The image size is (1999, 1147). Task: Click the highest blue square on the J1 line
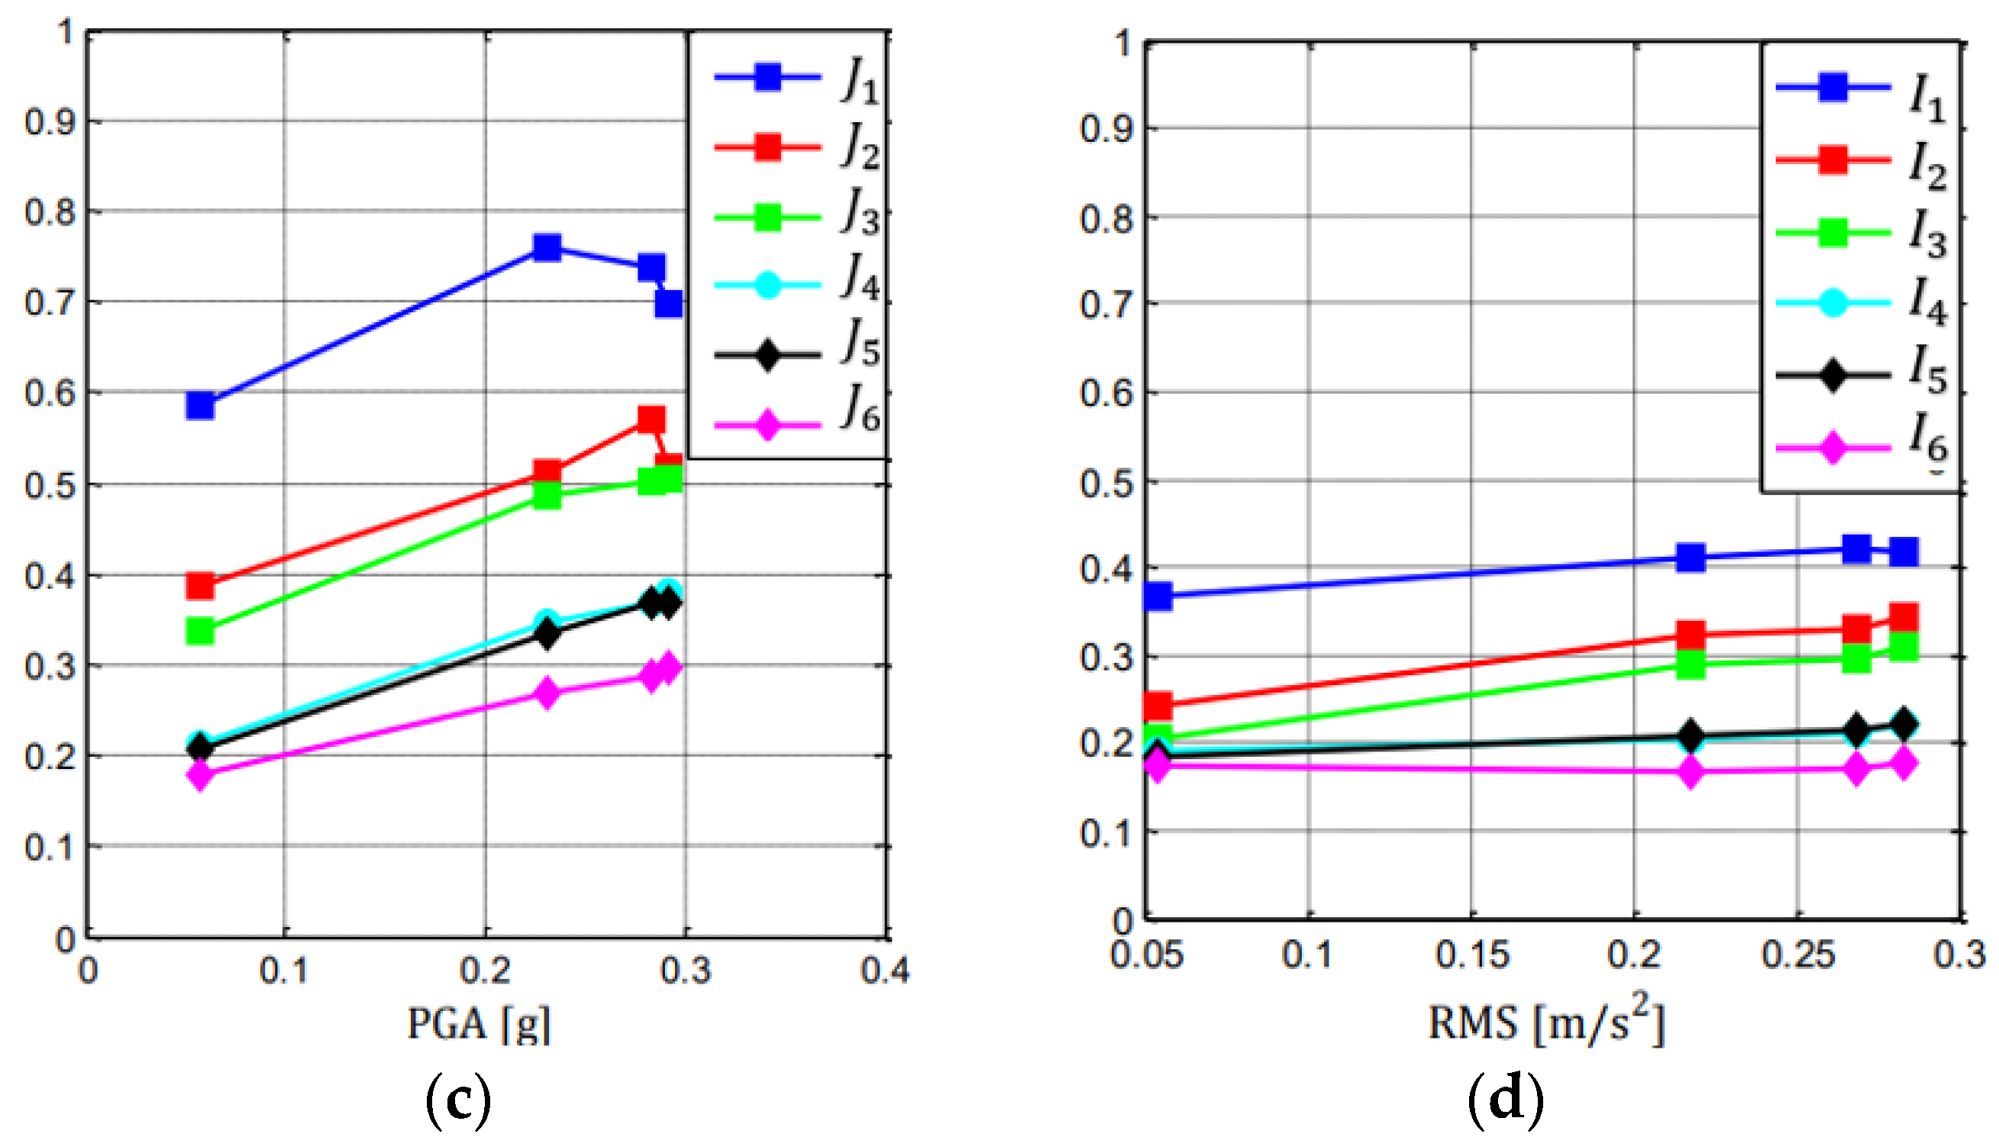547,247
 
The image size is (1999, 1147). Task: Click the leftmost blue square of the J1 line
201,405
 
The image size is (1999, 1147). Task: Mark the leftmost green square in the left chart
201,630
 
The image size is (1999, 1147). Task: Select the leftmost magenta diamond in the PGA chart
201,775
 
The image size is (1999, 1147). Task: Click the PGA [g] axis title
478,1024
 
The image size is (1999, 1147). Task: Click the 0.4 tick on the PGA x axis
884,971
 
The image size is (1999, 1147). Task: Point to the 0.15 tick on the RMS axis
1471,955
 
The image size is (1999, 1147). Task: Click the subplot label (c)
458,1100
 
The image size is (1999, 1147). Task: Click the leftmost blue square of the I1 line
1157,596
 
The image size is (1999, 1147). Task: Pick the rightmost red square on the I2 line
1904,618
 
